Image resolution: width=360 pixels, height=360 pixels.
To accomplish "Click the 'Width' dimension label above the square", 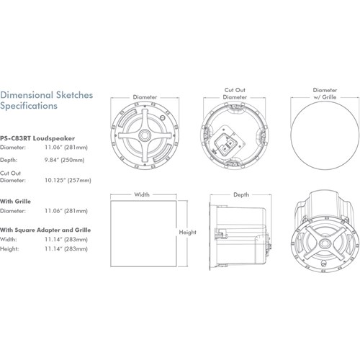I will pos(143,194).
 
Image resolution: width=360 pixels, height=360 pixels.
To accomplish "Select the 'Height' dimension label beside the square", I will pos(189,233).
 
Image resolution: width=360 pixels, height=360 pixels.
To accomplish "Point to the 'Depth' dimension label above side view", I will pos(241,194).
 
